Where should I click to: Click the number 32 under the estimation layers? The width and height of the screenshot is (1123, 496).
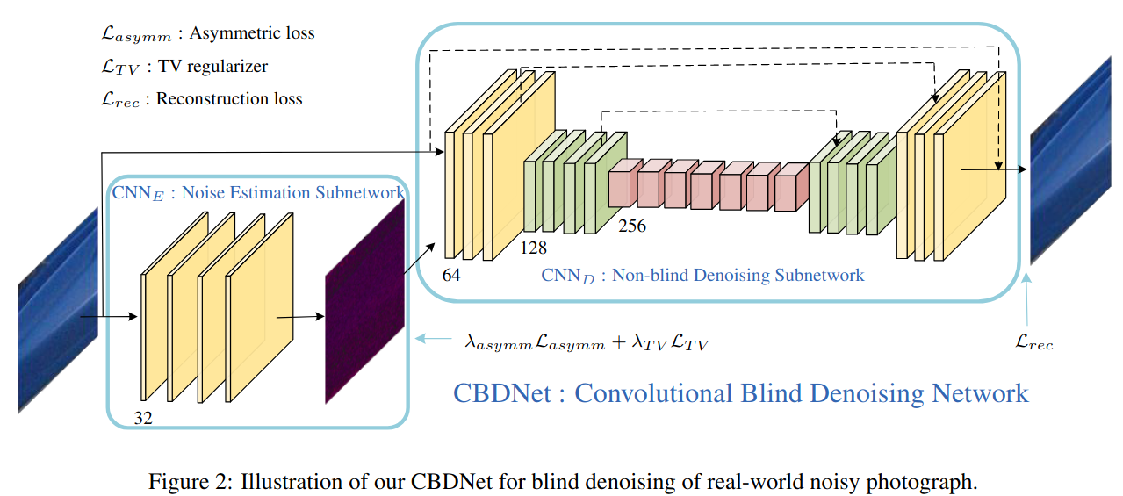point(143,418)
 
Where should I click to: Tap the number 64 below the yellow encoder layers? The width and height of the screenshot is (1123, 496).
point(451,276)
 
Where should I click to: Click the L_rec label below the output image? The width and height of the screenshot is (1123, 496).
point(1033,342)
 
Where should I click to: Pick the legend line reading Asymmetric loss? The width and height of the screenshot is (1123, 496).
point(207,33)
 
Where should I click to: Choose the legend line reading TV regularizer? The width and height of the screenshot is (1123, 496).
point(184,66)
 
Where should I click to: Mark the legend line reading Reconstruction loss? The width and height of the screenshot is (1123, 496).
point(202,98)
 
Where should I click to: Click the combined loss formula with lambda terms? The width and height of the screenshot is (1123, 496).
point(586,342)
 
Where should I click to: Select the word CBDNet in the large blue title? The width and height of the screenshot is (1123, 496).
point(501,392)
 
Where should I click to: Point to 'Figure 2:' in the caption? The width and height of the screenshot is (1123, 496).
point(186,481)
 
